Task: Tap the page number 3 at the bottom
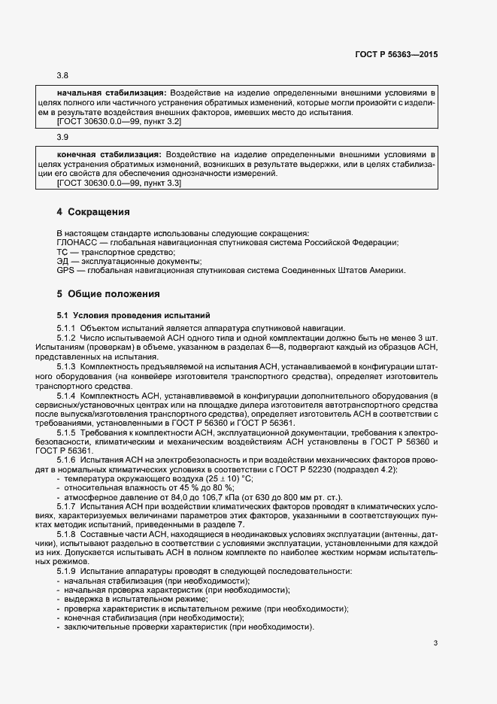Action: pyautogui.click(x=436, y=642)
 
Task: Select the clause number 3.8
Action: pyautogui.click(x=62, y=76)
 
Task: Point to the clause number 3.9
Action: pyautogui.click(x=62, y=138)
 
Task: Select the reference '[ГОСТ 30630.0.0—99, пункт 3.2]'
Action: pyautogui.click(x=119, y=121)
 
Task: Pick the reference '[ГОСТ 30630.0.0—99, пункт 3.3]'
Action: pyautogui.click(x=119, y=183)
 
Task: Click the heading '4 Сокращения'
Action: pyautogui.click(x=93, y=212)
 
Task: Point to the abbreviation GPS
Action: pyautogui.click(x=65, y=271)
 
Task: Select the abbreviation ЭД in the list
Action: pyautogui.click(x=63, y=261)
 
